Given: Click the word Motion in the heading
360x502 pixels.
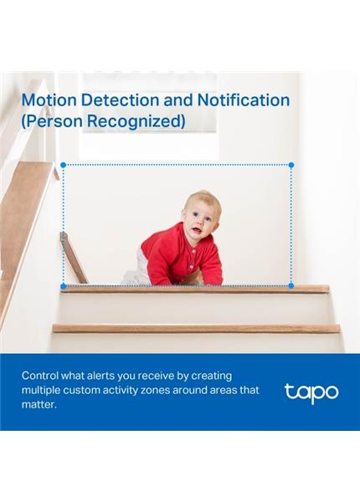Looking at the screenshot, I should [49, 100].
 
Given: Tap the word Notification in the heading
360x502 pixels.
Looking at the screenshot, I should [243, 100].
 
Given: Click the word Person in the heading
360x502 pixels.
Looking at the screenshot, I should [54, 121].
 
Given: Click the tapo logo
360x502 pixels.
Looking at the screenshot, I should [311, 392].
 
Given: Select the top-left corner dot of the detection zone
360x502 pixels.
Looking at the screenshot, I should [61, 165].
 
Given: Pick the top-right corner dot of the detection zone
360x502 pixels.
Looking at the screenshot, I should [291, 165].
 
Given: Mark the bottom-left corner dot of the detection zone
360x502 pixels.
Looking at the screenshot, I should [61, 286].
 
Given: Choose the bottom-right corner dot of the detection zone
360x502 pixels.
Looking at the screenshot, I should [291, 286].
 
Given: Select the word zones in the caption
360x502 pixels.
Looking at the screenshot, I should [176, 391].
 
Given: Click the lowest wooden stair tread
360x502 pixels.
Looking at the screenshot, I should [197, 329].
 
